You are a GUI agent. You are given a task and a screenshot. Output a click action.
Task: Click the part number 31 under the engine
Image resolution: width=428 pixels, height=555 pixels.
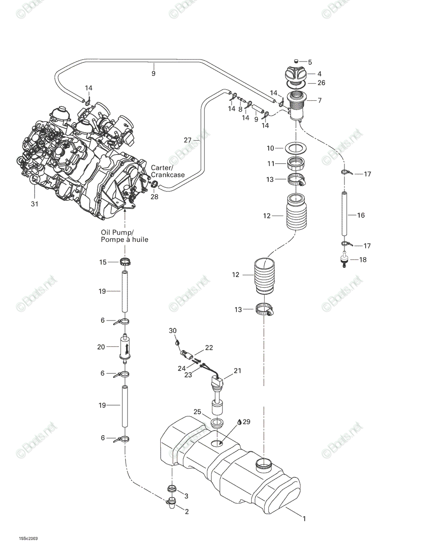35,204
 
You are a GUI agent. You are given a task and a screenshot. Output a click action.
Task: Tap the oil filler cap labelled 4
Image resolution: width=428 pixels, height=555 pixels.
295,74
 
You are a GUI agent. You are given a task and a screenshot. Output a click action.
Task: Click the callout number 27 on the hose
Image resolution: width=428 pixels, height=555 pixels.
187,140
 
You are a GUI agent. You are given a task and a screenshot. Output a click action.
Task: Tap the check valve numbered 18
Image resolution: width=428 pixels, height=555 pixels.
344,259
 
